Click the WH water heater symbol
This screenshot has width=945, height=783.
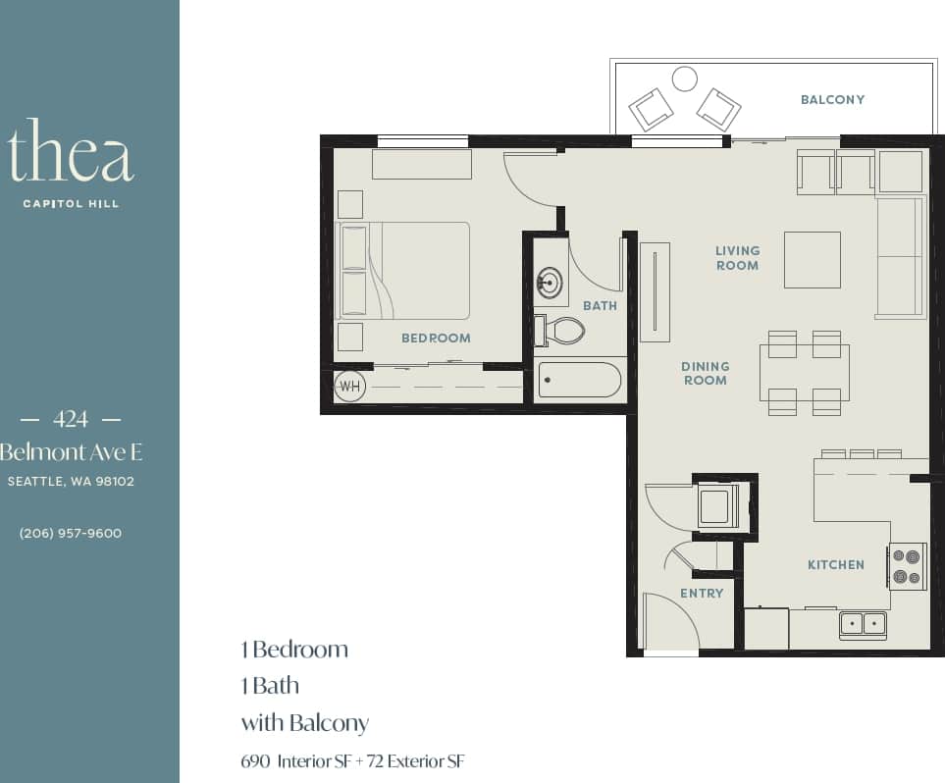pyautogui.click(x=350, y=387)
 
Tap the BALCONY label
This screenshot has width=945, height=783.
pyautogui.click(x=832, y=99)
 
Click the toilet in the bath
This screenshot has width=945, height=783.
pyautogui.click(x=561, y=331)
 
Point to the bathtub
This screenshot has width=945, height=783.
pyautogui.click(x=579, y=380)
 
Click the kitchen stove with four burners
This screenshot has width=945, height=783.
pyautogui.click(x=908, y=566)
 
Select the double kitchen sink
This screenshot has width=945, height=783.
pyautogui.click(x=863, y=623)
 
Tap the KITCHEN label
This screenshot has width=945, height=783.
pyautogui.click(x=835, y=564)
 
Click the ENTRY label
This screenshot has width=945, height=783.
pyautogui.click(x=702, y=593)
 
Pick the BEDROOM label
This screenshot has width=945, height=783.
pyautogui.click(x=436, y=338)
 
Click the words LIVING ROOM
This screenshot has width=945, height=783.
pyautogui.click(x=737, y=258)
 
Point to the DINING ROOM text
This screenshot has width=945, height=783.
pyautogui.click(x=706, y=373)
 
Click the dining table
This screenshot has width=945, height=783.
pyautogui.click(x=804, y=373)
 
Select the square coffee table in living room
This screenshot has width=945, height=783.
pyautogui.click(x=812, y=259)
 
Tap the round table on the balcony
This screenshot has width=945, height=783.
pyautogui.click(x=684, y=78)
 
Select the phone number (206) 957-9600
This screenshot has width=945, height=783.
pyautogui.click(x=71, y=533)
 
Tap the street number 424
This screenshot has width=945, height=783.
pyautogui.click(x=71, y=419)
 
